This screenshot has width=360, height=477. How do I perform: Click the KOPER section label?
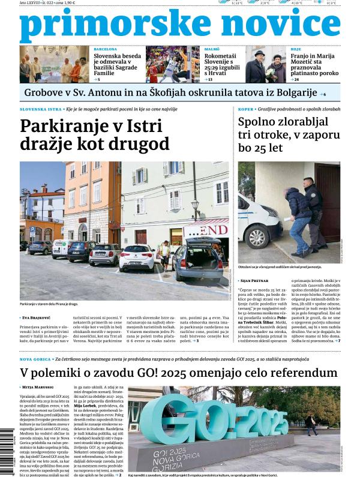[245, 110]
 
